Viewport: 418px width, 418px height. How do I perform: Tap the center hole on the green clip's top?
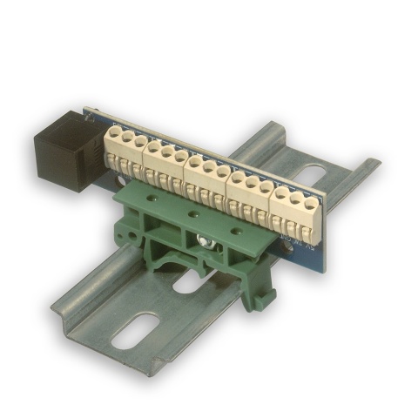[x=194, y=213]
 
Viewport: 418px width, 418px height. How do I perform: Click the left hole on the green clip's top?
[x=154, y=200]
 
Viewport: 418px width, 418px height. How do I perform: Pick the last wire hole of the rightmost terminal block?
[x=309, y=204]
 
